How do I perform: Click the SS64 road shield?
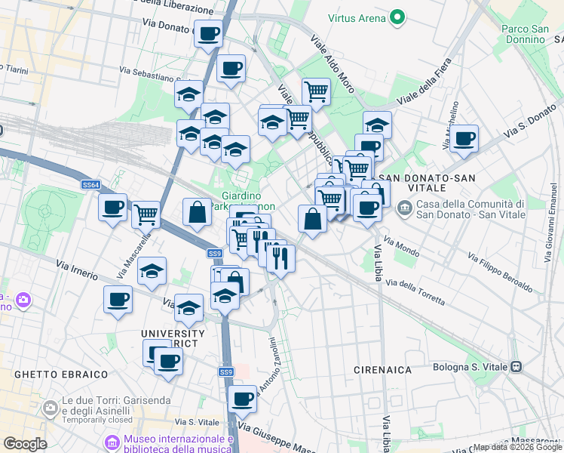[90, 185]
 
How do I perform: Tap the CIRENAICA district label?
[383, 370]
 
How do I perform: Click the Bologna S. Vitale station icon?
[516, 368]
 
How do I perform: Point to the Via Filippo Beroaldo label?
[501, 274]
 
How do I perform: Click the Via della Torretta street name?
[415, 291]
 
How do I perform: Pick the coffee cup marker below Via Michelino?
[465, 140]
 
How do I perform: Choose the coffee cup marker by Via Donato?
[207, 34]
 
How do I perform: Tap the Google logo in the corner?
[26, 444]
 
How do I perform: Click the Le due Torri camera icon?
[51, 408]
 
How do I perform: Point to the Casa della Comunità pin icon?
[405, 206]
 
